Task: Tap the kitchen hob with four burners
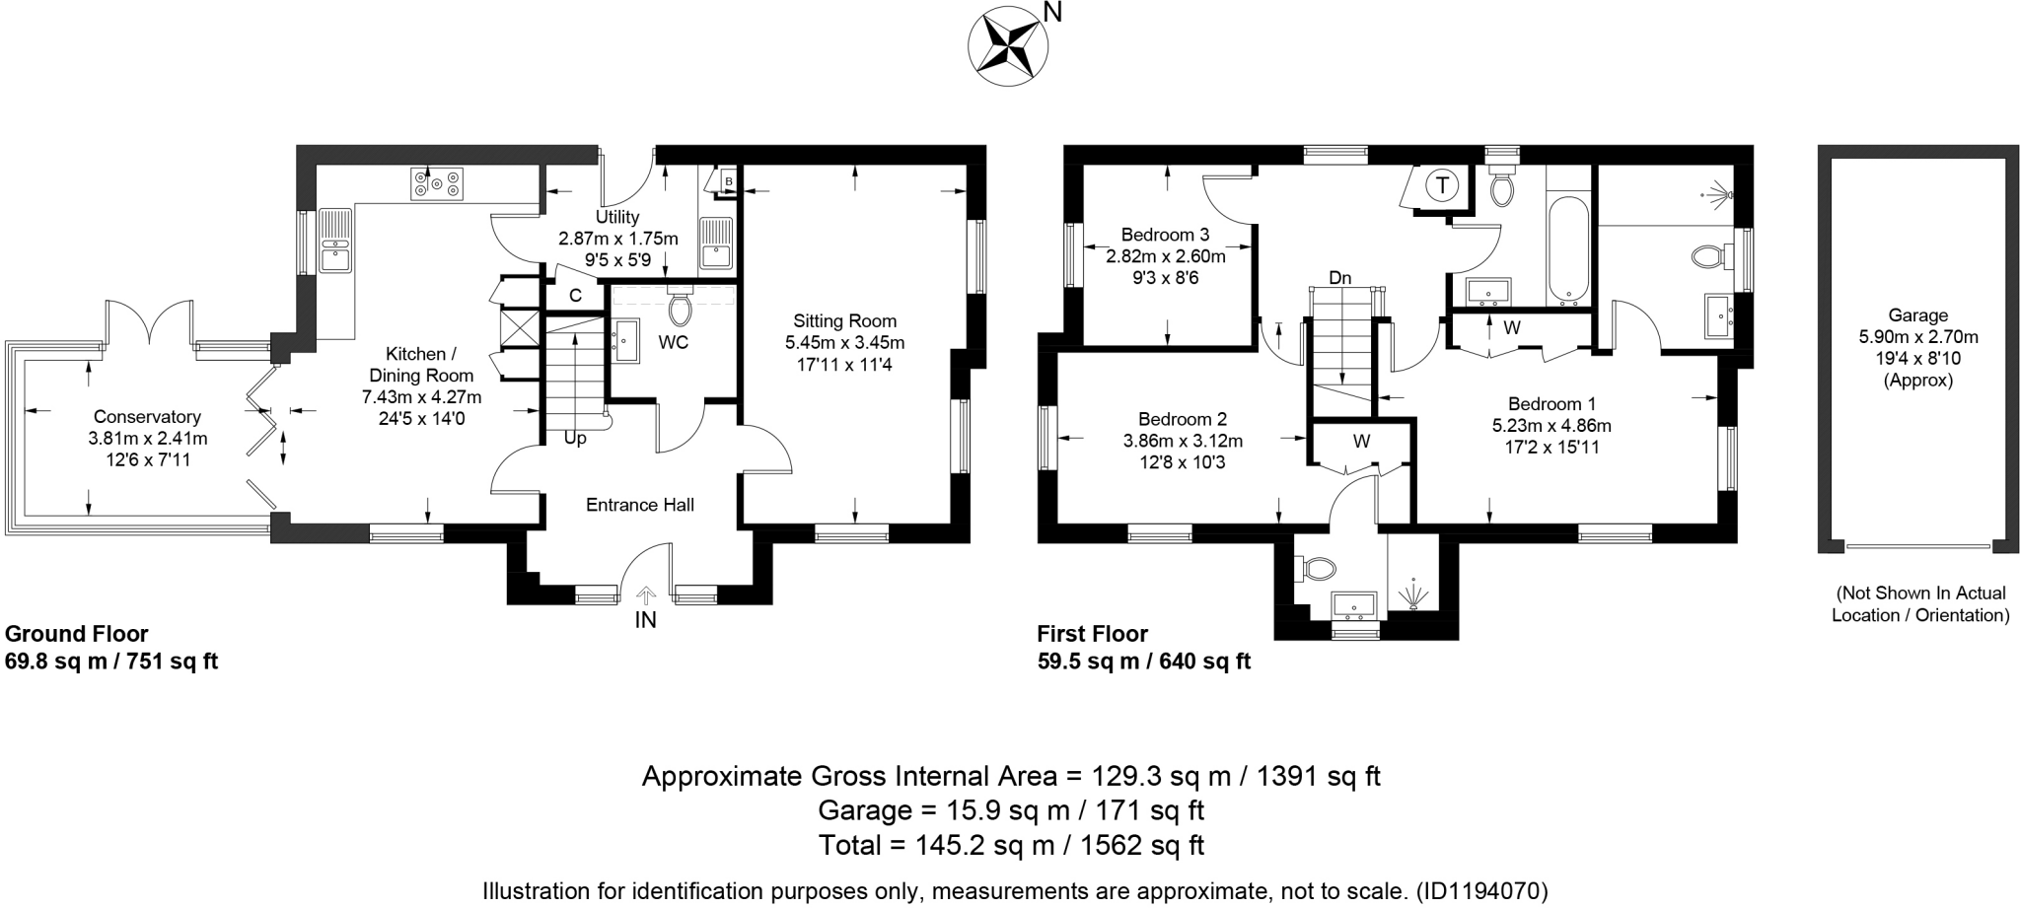(437, 184)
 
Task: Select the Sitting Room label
(844, 321)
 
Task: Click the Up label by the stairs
(575, 439)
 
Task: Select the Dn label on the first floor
(1338, 279)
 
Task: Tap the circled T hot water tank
(1442, 185)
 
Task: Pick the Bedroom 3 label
(1165, 235)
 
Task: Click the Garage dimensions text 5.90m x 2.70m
(1917, 337)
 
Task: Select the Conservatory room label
(147, 417)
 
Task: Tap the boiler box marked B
(728, 182)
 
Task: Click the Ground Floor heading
(77, 634)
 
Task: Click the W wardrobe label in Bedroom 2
(1361, 442)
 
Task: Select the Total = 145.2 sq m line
(1011, 845)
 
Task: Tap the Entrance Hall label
(639, 505)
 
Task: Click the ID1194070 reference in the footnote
(1481, 891)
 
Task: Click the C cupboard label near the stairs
(575, 295)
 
